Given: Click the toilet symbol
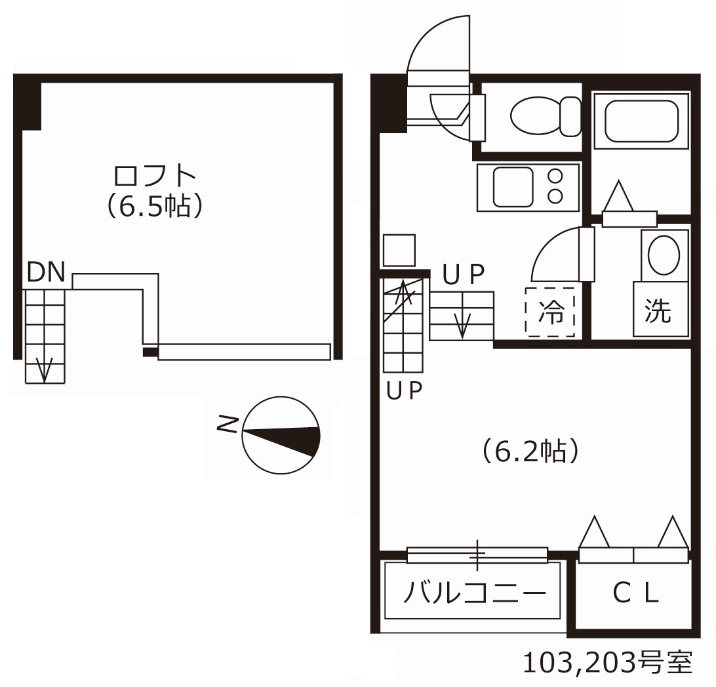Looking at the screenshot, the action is click(544, 117).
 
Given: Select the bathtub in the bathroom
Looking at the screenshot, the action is click(641, 121).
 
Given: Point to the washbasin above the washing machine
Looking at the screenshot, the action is click(664, 254).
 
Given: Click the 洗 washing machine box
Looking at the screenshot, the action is click(660, 310).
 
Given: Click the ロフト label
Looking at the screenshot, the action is click(155, 176).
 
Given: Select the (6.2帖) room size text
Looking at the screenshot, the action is click(530, 451).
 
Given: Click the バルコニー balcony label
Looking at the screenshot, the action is click(474, 594).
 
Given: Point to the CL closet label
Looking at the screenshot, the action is click(634, 593).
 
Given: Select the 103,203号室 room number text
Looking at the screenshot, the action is click(607, 663).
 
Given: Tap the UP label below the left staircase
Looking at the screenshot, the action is click(404, 391).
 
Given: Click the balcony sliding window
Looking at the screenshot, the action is click(477, 555).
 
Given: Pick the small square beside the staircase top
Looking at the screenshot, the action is click(399, 251).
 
